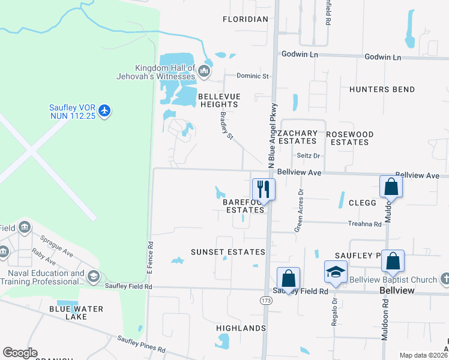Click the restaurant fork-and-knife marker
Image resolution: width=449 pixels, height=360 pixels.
click(264, 190)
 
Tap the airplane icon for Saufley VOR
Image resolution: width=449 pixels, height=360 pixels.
click(105, 110)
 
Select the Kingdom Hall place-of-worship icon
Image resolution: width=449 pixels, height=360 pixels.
click(204, 73)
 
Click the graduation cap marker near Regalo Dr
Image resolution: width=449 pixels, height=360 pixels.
click(336, 272)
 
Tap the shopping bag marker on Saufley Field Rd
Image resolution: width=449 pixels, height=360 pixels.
click(288, 278)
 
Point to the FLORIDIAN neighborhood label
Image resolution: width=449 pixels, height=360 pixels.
click(245, 19)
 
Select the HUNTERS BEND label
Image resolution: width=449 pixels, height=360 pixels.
click(382, 89)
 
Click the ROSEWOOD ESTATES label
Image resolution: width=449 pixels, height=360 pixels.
click(349, 138)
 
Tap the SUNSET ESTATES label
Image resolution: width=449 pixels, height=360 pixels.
click(228, 251)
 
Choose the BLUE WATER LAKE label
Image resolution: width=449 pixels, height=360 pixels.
click(76, 313)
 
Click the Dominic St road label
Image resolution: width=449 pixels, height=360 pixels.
click(253, 76)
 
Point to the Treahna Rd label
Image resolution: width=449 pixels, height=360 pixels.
click(365, 224)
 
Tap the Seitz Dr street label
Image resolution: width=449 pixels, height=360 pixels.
click(309, 156)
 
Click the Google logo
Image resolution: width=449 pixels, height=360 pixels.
click(20, 353)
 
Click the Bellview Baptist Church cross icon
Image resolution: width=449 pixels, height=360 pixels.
click(445, 279)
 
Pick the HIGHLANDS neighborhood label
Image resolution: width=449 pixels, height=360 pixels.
click(241, 328)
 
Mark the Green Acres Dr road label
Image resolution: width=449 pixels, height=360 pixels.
click(299, 211)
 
